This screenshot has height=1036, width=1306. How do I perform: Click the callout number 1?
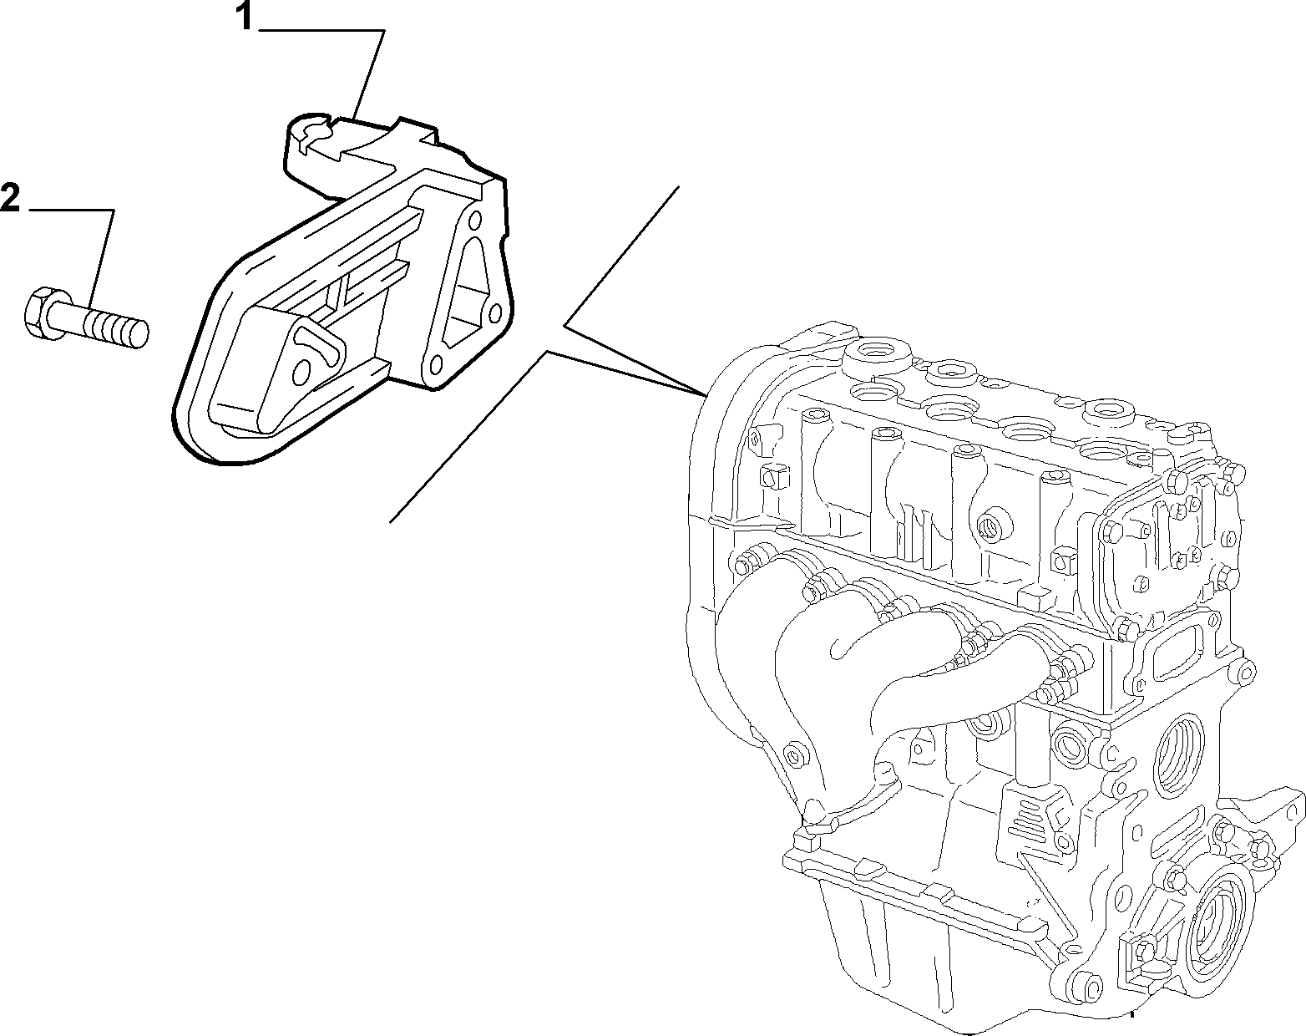click(x=245, y=17)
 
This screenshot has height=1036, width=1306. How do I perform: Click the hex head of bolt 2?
click(x=40, y=314)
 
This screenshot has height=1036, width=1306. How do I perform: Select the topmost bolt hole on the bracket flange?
click(x=475, y=219)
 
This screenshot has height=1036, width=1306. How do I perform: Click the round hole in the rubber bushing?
click(x=302, y=372)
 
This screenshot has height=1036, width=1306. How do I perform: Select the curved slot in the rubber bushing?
click(x=321, y=345)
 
